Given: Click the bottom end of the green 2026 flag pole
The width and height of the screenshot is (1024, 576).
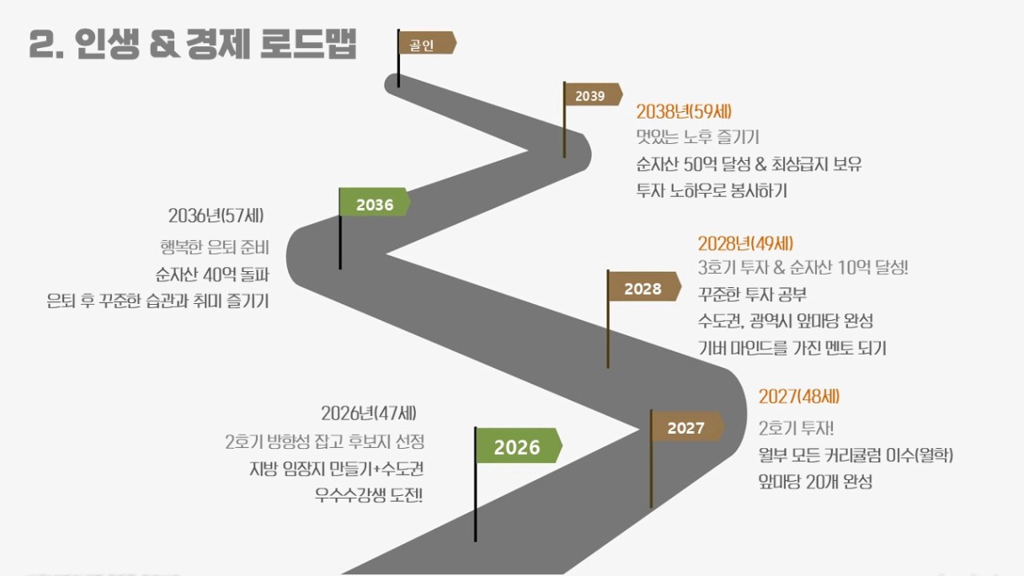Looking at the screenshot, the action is click(476, 541).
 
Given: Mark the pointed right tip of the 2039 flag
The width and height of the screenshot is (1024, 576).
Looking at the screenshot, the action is click(622, 95).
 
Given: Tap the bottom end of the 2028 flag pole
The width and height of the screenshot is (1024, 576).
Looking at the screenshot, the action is click(607, 368).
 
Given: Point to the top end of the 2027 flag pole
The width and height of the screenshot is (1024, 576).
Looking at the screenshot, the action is click(652, 410).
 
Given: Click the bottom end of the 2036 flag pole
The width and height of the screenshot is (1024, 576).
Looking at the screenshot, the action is click(340, 269).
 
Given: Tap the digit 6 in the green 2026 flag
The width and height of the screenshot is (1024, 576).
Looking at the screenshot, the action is click(534, 447).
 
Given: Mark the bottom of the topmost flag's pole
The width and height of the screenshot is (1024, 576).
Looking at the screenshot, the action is click(398, 87).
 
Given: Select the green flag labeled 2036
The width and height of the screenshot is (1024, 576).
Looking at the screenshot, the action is click(375, 202).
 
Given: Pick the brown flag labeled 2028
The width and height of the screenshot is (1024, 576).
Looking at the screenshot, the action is click(644, 286).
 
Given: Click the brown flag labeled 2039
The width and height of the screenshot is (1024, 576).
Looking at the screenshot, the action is click(594, 94).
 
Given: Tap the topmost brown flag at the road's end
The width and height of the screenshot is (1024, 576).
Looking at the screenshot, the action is click(428, 43).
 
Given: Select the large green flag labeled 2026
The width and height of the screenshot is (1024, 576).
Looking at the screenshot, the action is click(519, 445).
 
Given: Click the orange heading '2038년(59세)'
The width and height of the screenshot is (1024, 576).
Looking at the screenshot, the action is click(684, 111).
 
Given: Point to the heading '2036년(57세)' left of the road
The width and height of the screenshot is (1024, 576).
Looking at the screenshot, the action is click(216, 216).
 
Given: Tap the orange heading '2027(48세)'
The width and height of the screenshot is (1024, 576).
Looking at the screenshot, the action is click(799, 397).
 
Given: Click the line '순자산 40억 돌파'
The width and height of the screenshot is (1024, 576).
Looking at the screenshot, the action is click(212, 275).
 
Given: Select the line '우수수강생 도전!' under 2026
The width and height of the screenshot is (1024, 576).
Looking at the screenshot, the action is click(369, 495).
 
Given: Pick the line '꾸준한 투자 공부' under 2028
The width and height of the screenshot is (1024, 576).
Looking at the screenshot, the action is click(753, 294).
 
